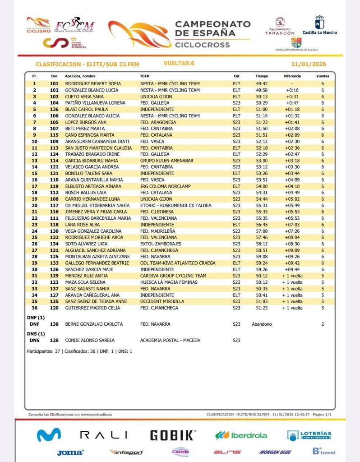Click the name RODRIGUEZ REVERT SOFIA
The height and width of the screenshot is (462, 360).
[93, 84]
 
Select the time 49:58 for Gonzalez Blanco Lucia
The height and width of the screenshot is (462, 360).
[262, 90]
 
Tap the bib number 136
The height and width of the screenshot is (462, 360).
[54, 110]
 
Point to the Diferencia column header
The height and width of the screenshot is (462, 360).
[292, 76]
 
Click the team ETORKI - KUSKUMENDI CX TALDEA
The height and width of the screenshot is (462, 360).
[175, 206]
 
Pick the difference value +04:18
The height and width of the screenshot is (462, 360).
[292, 186]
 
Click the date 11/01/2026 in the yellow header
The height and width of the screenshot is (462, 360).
[309, 64]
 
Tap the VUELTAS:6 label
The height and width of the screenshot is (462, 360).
[179, 64]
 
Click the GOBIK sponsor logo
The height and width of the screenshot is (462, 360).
[173, 435]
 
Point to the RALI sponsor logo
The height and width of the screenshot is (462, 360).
[103, 435]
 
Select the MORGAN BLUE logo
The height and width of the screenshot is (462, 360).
[275, 452]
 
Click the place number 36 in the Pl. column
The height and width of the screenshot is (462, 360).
[34, 308]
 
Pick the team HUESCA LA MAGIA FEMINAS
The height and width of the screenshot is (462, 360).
[169, 282]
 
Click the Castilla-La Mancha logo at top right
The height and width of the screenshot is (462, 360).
[319, 25]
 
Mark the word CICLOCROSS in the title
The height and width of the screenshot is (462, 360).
[202, 45]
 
